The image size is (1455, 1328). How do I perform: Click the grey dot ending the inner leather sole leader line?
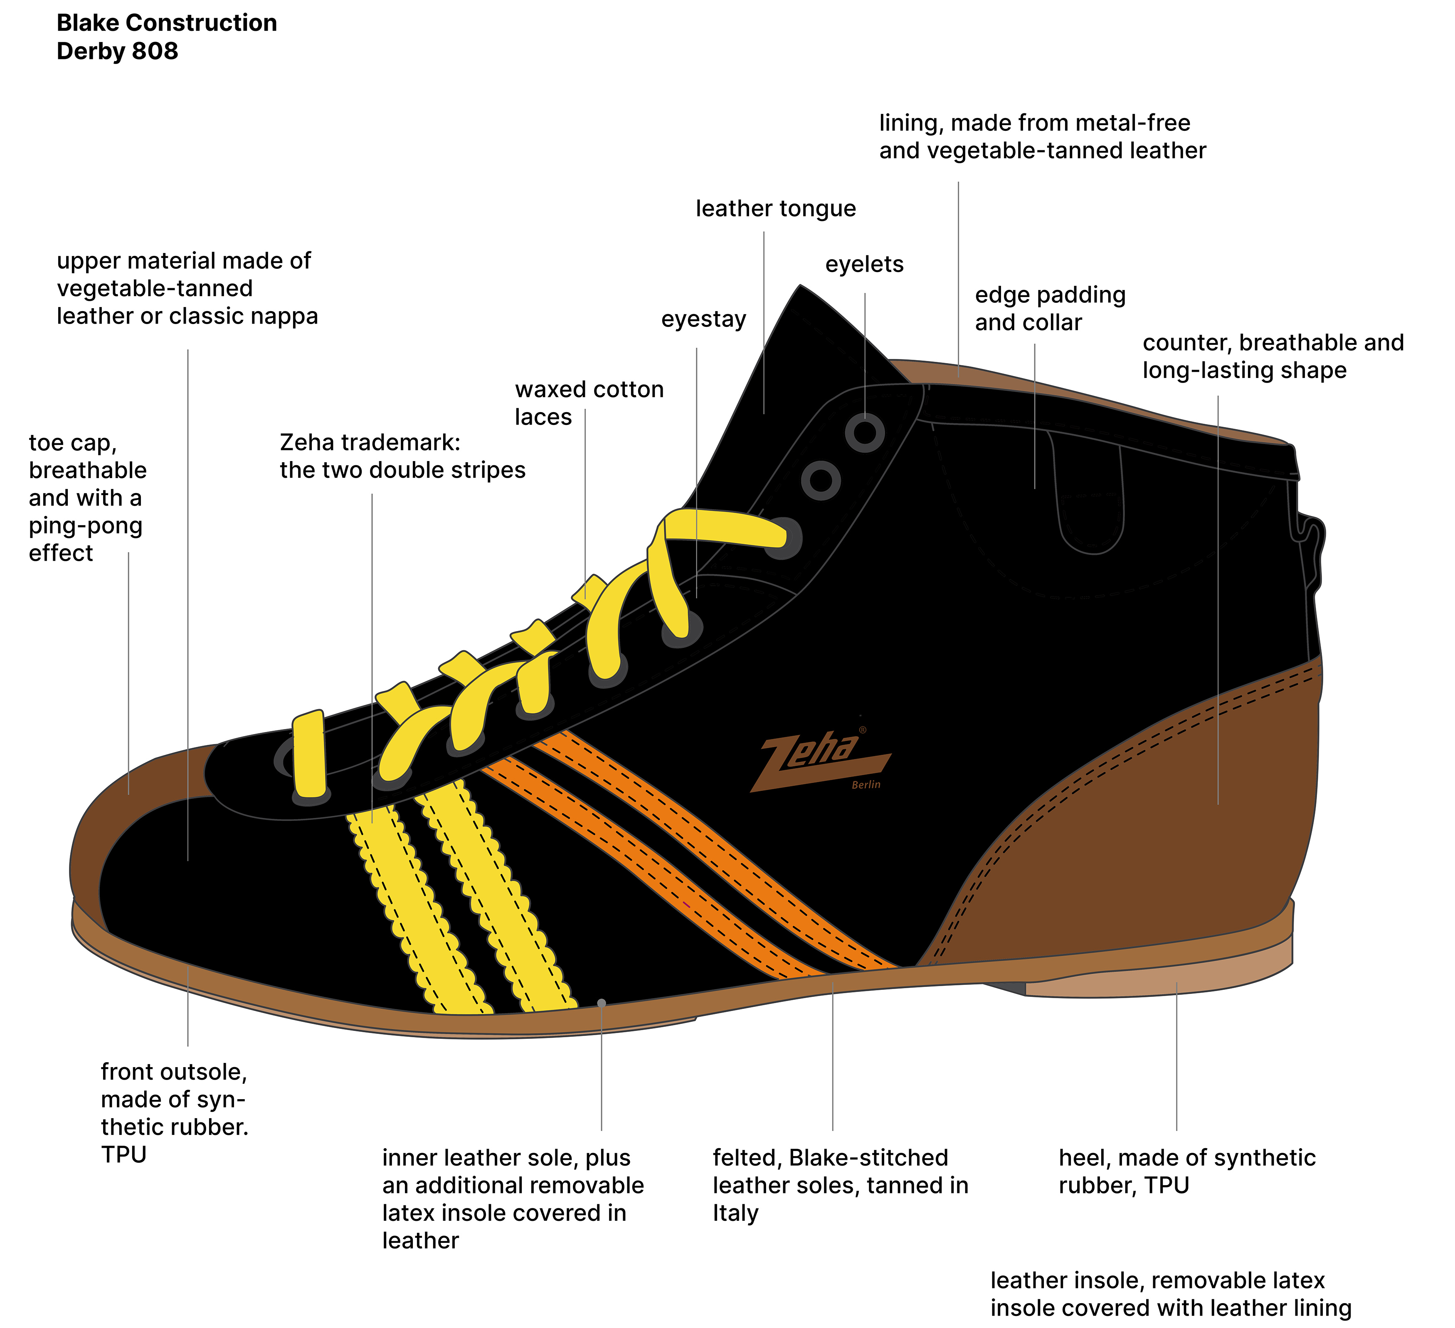pyautogui.click(x=601, y=1003)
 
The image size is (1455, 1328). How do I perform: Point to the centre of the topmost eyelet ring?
pyautogui.click(x=865, y=433)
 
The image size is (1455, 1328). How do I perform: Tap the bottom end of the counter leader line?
pyautogui.click(x=1218, y=804)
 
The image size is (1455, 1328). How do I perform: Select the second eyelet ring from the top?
pyautogui.click(x=821, y=480)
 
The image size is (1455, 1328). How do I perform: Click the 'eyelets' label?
pyautogui.click(x=865, y=265)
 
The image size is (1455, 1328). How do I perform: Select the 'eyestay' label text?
pyautogui.click(x=704, y=319)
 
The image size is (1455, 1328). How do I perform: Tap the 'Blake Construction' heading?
pyautogui.click(x=167, y=23)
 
